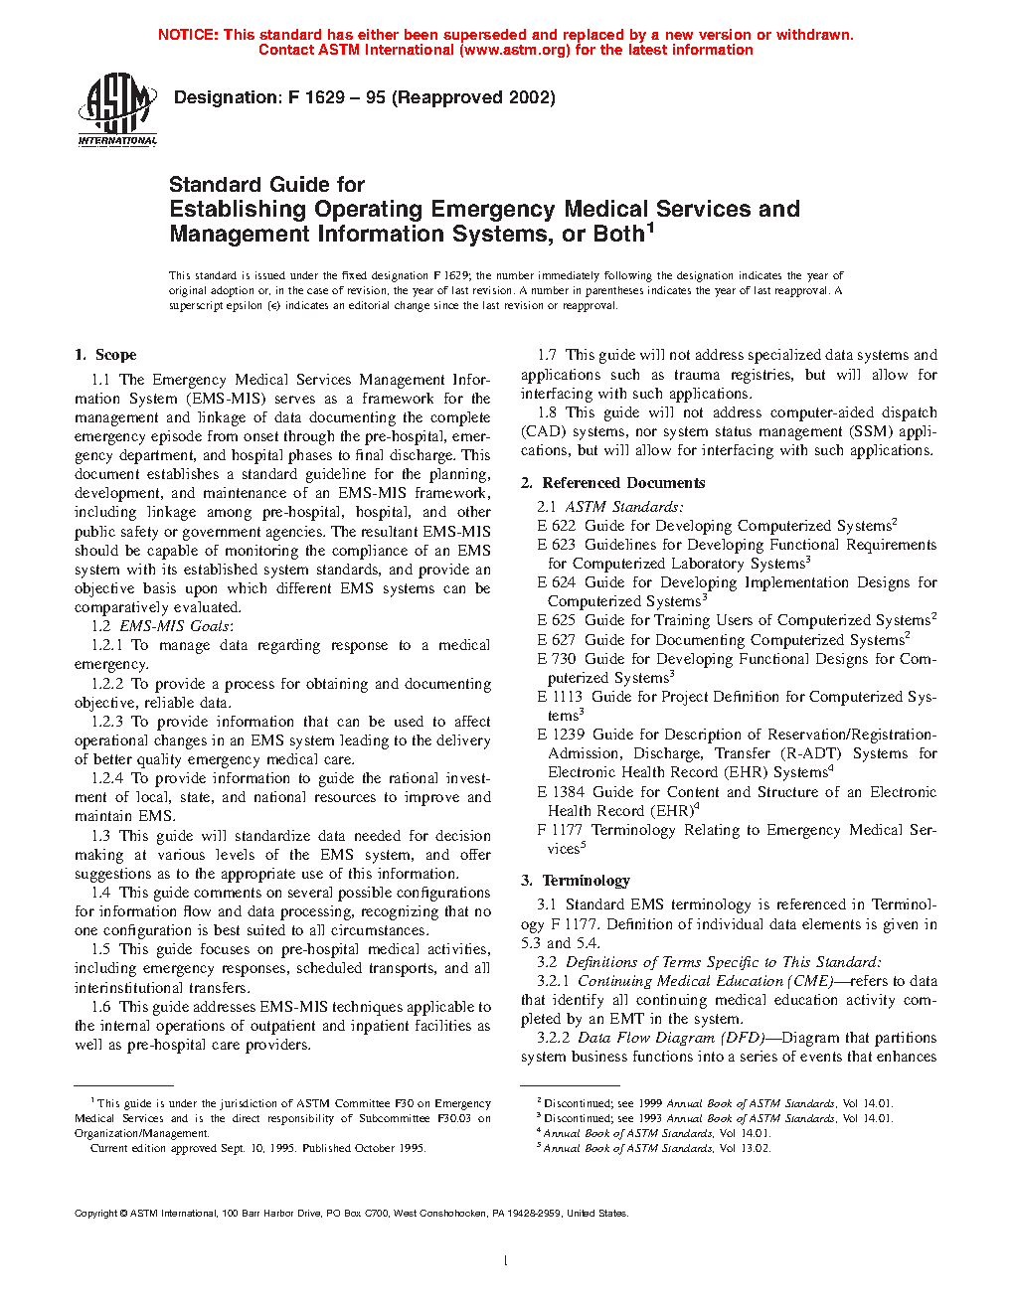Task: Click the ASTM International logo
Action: (x=117, y=109)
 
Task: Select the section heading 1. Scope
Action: (x=105, y=355)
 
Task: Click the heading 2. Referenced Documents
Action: (x=612, y=483)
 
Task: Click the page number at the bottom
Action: (x=506, y=1261)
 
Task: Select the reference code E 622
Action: (x=557, y=526)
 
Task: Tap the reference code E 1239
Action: (x=561, y=735)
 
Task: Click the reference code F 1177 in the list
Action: (x=560, y=830)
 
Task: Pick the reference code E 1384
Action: (x=561, y=792)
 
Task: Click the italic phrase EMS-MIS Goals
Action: (x=174, y=626)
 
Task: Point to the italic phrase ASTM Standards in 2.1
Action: (x=622, y=507)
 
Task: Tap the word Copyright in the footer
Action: (x=95, y=1214)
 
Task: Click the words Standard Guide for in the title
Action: (x=266, y=185)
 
